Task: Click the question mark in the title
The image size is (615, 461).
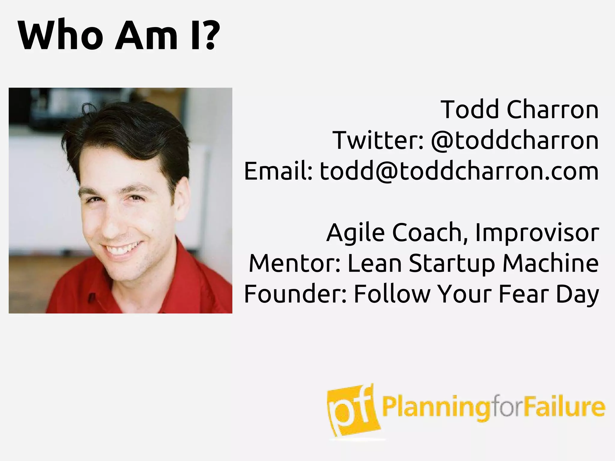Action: (x=207, y=35)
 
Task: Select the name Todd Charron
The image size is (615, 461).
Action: (x=519, y=110)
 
